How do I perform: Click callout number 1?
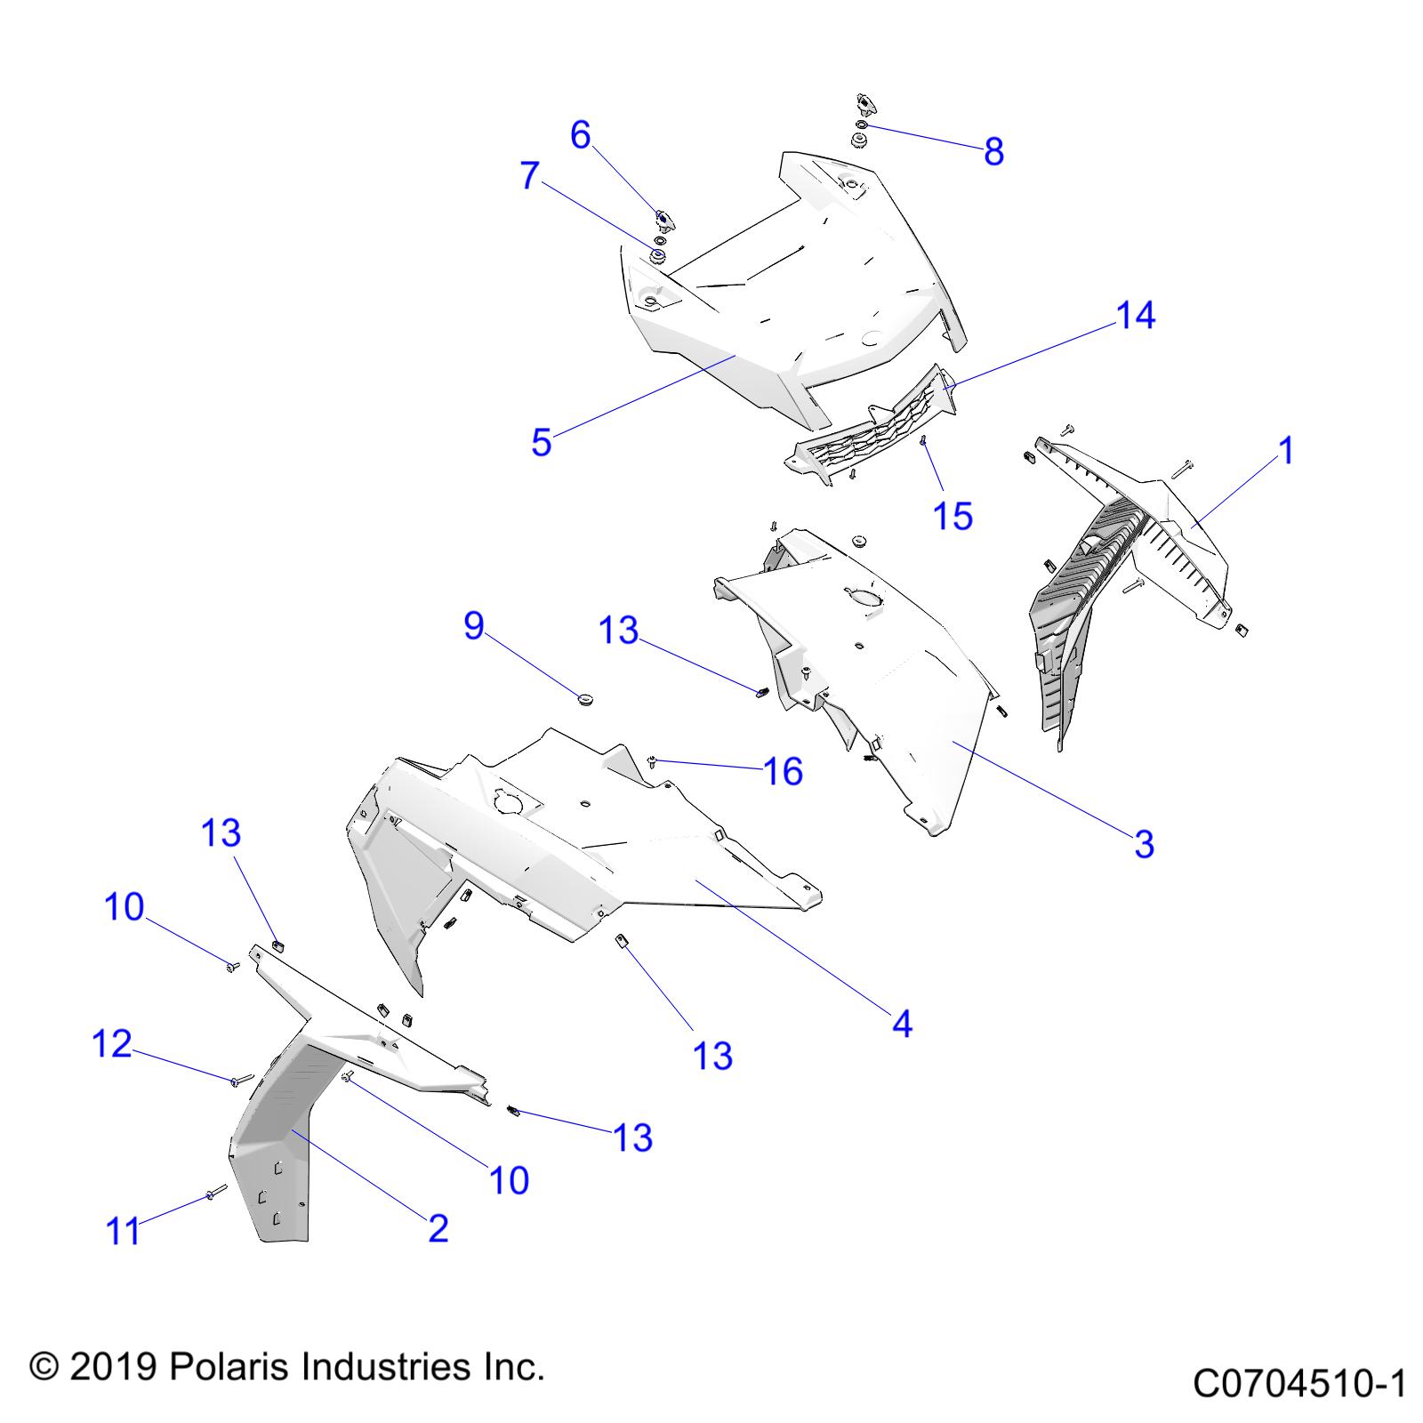point(1286,451)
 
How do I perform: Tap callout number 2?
point(438,1229)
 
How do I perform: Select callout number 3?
point(1144,844)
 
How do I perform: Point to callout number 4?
point(902,1025)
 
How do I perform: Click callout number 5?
point(541,442)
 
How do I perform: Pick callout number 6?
point(580,135)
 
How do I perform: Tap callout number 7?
point(530,175)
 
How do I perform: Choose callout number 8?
point(993,151)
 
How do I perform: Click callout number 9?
point(474,626)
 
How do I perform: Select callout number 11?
point(124,1232)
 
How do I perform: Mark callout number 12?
point(112,1044)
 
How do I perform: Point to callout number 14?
point(1136,315)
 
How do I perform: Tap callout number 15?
point(953,516)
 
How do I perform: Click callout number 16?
point(784,771)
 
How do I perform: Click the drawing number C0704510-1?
point(1299,1384)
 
